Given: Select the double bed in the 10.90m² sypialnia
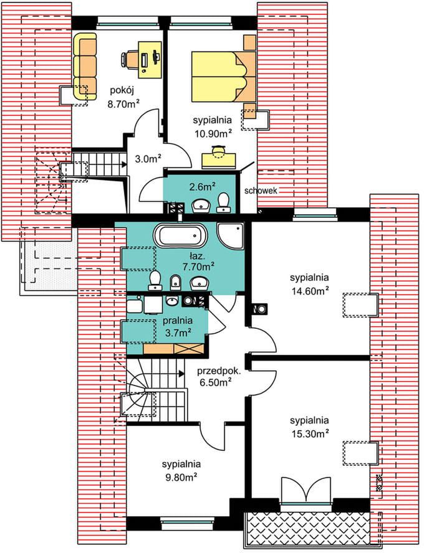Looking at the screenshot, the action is [x=223, y=77].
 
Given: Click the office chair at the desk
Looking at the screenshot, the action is [x=128, y=59].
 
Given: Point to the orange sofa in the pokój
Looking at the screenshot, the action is [x=85, y=67].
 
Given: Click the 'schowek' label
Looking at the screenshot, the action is [x=261, y=191].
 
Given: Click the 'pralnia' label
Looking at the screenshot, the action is [x=178, y=321].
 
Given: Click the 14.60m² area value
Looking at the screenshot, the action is [x=310, y=291].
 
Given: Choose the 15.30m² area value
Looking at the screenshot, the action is [x=310, y=433].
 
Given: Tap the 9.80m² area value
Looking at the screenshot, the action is [x=180, y=478].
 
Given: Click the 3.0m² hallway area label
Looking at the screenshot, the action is [x=148, y=159].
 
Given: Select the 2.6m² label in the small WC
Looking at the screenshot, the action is [x=203, y=187].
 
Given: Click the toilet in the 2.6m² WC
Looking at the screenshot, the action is [x=223, y=203].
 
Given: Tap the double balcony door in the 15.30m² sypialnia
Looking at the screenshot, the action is [x=306, y=489].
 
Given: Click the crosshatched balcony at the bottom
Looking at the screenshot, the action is [x=307, y=527].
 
